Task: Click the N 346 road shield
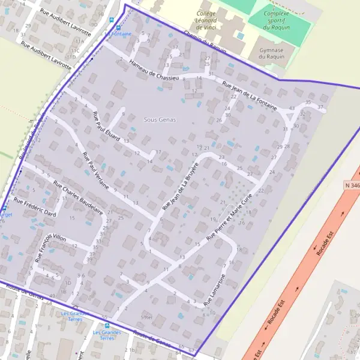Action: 352,186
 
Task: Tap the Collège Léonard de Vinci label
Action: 214,20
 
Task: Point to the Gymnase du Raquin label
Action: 270,53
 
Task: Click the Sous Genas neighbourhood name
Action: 160,120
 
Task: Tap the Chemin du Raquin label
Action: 205,42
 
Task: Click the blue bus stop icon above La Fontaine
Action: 118,27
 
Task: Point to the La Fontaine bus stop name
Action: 118,34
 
